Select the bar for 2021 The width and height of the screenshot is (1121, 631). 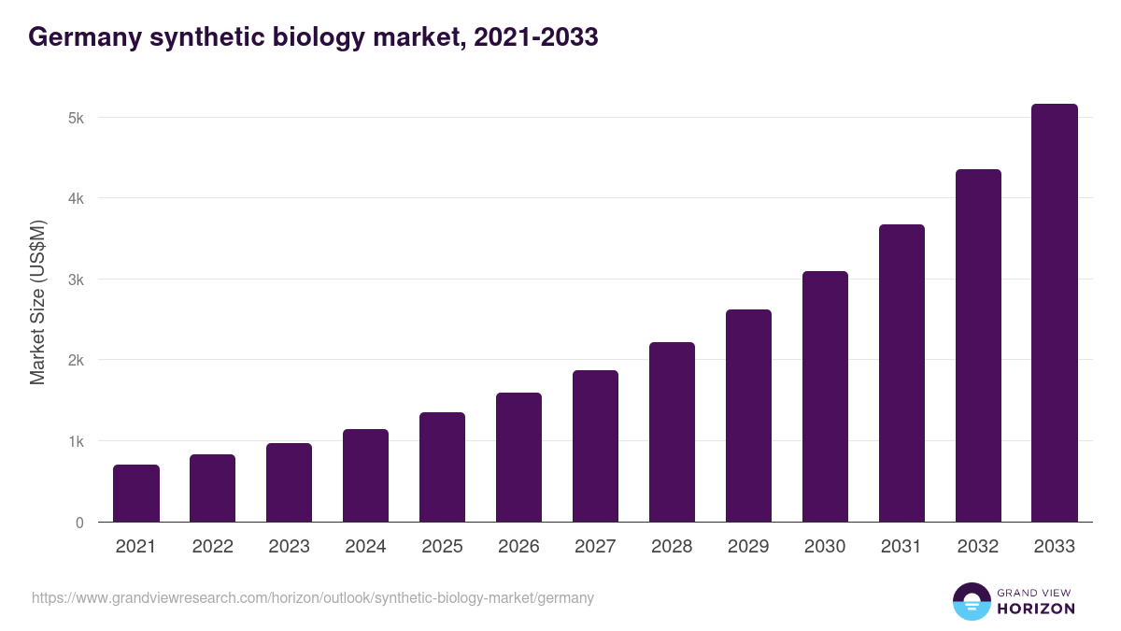[136, 494]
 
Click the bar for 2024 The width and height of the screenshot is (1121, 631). [365, 476]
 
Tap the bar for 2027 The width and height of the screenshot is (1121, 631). [595, 446]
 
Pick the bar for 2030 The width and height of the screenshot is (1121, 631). [825, 396]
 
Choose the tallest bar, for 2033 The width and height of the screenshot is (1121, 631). [1055, 313]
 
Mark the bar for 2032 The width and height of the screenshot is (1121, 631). [978, 346]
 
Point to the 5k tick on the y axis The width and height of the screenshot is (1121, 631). [76, 119]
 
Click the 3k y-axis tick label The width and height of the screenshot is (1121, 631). [76, 280]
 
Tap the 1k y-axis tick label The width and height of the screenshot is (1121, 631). [76, 441]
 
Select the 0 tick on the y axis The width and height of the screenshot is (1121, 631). [79, 523]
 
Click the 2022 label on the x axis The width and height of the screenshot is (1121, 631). [212, 547]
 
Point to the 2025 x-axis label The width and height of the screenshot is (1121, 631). [442, 547]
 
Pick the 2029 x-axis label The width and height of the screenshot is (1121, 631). [748, 547]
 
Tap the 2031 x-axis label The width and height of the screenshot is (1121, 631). [901, 547]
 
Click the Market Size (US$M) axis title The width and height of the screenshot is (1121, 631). [37, 303]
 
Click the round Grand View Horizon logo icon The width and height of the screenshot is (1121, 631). [971, 601]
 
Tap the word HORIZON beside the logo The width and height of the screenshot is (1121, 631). [1036, 609]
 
